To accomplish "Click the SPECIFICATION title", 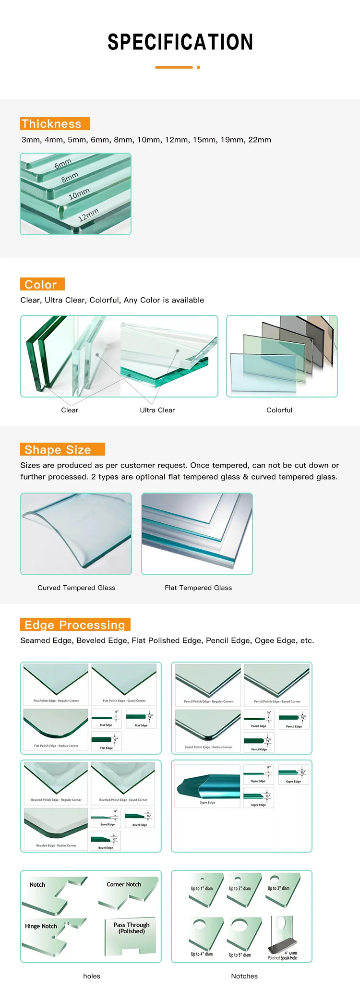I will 180,42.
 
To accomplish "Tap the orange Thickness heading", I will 55,124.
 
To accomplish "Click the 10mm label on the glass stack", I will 79,194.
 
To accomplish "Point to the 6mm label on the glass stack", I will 63,164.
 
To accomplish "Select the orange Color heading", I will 42,284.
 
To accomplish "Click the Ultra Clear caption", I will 157,410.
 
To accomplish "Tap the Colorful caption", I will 279,410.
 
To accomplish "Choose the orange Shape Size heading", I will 62,449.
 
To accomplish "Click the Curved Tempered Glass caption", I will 76,588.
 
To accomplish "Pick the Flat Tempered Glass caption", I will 198,588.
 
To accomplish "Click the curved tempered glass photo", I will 76,533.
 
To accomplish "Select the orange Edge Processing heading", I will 75,625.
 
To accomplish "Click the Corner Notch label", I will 124,884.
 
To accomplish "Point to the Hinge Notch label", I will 41,926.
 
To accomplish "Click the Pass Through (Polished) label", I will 132,928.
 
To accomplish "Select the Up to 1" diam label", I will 202,889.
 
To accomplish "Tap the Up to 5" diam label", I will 240,955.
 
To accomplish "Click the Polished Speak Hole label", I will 282,958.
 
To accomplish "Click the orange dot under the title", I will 198,67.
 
